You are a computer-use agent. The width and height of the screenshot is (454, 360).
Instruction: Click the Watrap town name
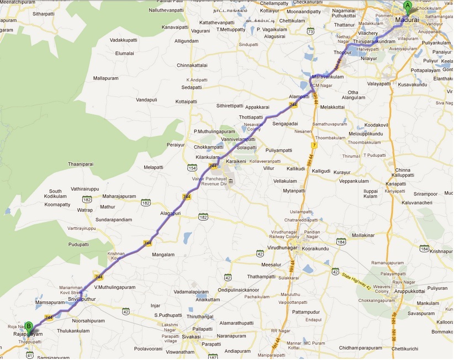85,210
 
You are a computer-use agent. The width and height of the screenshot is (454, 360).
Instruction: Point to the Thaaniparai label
80,164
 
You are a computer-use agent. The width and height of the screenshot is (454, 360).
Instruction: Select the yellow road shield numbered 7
313,146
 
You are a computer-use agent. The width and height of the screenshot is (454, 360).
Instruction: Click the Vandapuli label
147,100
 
